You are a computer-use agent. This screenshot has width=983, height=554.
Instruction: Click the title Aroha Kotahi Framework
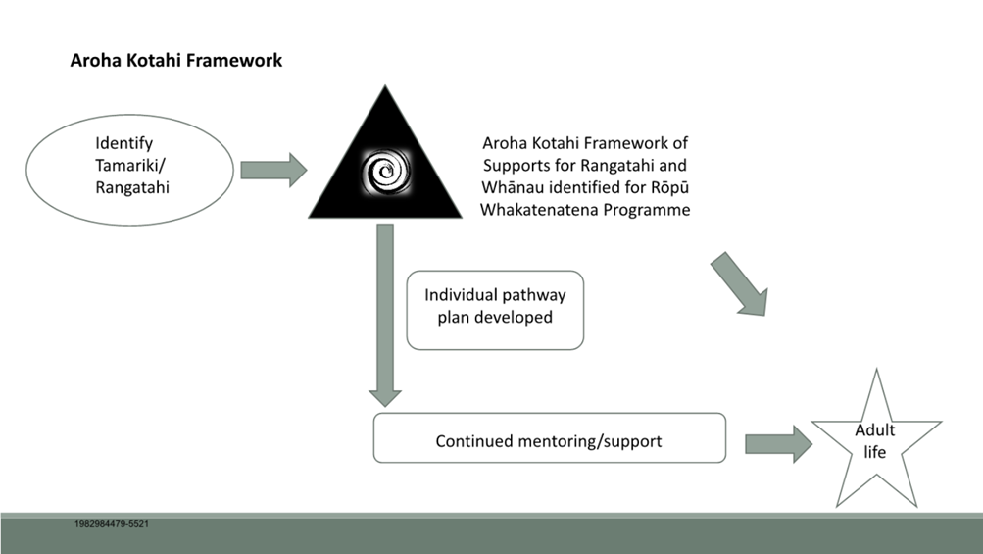(176, 60)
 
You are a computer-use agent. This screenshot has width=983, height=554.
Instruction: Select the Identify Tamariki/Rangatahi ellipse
(129, 170)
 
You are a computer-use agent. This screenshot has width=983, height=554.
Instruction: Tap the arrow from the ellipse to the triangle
(274, 170)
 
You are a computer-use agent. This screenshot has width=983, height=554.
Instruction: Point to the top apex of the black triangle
(385, 86)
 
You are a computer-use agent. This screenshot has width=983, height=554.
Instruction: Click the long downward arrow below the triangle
(385, 316)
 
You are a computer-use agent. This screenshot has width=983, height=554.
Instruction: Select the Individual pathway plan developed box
(495, 310)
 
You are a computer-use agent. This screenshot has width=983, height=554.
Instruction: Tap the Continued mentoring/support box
(550, 438)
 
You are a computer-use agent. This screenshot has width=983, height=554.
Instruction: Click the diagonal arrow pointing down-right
(740, 284)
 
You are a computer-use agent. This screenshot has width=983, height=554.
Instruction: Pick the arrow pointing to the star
(778, 444)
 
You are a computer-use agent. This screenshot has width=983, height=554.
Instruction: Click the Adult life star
(876, 442)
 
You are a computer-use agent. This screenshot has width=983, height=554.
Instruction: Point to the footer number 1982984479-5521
(112, 524)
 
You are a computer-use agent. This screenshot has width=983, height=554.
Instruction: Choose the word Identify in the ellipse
(124, 144)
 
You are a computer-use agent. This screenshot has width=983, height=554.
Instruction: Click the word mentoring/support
(590, 441)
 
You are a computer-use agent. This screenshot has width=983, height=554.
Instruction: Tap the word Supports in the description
(513, 166)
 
